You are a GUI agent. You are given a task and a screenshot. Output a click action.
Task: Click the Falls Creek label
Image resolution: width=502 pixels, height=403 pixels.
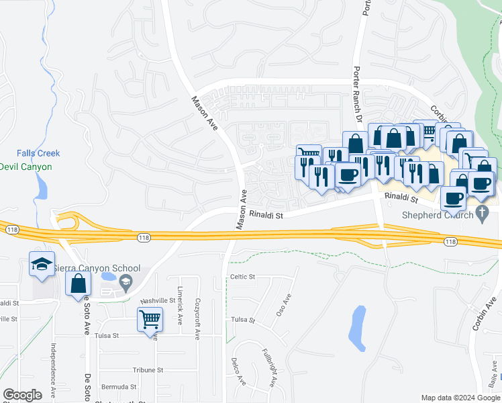(x=38, y=153)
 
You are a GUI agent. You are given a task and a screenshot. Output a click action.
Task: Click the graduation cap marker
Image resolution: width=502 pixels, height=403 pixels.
(x=41, y=265)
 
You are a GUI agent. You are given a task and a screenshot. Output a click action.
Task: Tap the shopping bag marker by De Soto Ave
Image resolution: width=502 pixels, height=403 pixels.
(x=78, y=283)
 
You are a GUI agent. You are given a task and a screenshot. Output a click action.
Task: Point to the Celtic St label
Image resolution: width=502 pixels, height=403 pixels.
(x=243, y=277)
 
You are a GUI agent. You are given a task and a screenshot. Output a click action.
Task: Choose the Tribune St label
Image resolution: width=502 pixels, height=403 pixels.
(x=148, y=370)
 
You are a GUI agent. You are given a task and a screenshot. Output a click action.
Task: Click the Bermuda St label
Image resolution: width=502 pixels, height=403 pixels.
(x=119, y=387)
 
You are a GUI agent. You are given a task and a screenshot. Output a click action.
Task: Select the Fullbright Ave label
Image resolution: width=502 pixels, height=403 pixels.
(x=270, y=367)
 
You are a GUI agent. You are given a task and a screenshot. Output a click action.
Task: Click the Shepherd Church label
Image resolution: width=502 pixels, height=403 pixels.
(x=436, y=215)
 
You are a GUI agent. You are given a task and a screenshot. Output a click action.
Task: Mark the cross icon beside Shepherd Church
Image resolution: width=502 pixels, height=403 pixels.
(x=481, y=214)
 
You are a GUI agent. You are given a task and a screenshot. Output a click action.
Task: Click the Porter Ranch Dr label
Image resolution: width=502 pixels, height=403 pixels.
(x=358, y=94)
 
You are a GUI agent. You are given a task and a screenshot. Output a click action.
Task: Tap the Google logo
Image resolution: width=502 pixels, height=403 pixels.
(x=22, y=395)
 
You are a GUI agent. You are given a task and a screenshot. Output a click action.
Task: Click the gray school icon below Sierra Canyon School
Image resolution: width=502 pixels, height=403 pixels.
(x=125, y=284)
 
